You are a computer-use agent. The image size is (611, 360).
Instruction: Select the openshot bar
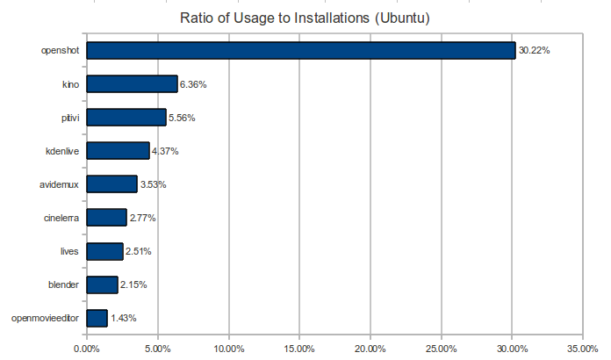tap(300, 51)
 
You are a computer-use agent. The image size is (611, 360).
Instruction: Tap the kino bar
tap(132, 84)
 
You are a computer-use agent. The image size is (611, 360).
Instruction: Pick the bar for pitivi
tap(126, 118)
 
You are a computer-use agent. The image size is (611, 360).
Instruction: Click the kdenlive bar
tap(118, 151)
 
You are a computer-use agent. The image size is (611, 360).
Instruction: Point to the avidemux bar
tap(111, 184)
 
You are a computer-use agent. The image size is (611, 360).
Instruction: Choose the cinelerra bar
tap(106, 218)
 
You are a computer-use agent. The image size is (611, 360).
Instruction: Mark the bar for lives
tap(104, 251)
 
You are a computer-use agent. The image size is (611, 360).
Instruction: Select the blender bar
tap(102, 284)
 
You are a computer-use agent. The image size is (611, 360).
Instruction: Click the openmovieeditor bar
tap(97, 318)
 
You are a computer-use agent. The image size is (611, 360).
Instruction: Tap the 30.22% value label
tap(534, 51)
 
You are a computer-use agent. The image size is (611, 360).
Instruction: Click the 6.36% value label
tap(194, 84)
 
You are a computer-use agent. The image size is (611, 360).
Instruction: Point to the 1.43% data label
tap(124, 318)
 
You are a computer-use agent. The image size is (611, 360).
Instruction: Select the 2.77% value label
tap(143, 218)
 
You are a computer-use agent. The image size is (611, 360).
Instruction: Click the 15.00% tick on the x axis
tap(299, 349)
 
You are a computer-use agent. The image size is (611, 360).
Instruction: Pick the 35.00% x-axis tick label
tap(584, 349)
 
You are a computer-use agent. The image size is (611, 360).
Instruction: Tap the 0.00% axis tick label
tap(87, 349)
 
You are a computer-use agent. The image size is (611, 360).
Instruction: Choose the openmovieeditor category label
tap(47, 318)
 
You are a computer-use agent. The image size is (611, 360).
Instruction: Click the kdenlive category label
tap(62, 151)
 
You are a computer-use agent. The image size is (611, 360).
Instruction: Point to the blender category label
tap(64, 284)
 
